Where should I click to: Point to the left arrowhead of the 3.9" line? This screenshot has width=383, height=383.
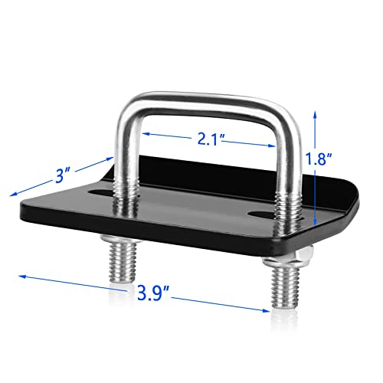(22, 277)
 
